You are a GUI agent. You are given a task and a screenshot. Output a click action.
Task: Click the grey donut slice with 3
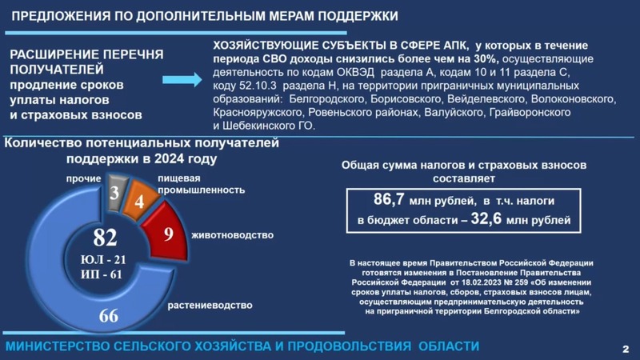(x=116, y=193)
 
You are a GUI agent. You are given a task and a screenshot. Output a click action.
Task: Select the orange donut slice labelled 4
(x=141, y=200)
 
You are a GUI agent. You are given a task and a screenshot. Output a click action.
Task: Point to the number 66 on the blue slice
(x=109, y=315)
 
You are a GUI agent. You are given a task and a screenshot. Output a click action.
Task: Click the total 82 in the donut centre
(x=105, y=238)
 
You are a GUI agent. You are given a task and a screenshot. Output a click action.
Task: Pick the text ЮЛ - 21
(x=103, y=259)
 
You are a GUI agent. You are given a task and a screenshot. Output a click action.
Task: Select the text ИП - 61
(x=102, y=274)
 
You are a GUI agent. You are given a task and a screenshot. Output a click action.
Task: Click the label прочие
(x=84, y=178)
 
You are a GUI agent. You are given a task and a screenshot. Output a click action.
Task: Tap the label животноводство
(x=233, y=235)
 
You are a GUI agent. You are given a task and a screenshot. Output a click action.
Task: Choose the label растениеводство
(x=210, y=306)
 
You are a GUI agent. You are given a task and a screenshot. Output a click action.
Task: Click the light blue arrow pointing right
(x=182, y=79)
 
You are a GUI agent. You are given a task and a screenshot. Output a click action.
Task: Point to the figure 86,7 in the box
(x=389, y=199)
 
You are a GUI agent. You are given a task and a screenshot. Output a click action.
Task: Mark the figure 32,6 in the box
(x=486, y=218)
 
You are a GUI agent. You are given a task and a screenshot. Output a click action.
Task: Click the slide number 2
(x=626, y=349)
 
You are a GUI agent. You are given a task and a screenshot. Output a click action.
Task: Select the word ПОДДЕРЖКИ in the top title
(x=358, y=16)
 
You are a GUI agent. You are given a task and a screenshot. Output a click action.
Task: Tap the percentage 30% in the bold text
(x=486, y=58)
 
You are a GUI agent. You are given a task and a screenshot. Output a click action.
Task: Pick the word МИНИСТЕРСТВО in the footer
(x=58, y=346)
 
